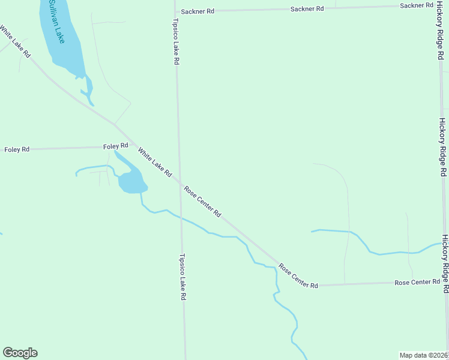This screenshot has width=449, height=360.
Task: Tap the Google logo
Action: click(x=20, y=353)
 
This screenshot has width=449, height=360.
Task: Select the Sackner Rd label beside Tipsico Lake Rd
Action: click(x=197, y=11)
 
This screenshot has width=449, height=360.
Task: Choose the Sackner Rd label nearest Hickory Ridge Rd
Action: click(x=416, y=5)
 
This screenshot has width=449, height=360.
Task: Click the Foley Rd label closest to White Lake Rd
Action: click(x=116, y=146)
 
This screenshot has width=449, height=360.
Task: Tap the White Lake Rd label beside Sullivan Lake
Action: click(x=16, y=41)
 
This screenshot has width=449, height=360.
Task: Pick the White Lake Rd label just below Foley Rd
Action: click(x=155, y=162)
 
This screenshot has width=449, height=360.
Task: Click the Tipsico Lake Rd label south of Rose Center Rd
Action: click(x=182, y=277)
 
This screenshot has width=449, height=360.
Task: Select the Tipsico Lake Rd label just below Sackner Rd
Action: click(x=176, y=41)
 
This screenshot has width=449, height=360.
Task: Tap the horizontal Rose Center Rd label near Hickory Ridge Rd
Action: click(x=417, y=282)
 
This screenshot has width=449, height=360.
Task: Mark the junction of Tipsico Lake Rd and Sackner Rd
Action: click(x=175, y=11)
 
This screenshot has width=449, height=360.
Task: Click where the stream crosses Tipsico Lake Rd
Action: click(x=181, y=217)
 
